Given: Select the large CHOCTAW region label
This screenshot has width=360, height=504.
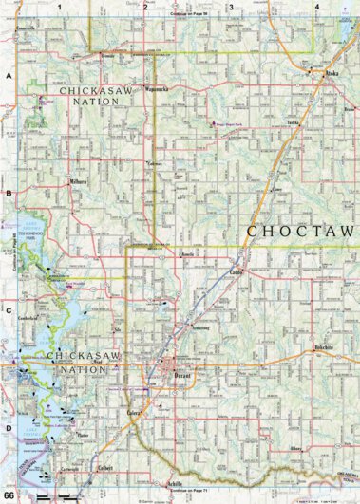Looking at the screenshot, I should [299, 231].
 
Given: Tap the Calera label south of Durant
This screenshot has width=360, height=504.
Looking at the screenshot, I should [133, 415].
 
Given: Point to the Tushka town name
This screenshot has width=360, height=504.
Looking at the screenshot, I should [292, 123].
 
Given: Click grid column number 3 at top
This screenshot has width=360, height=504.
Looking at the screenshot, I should [230, 7].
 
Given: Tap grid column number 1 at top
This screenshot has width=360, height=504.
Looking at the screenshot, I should [59, 7].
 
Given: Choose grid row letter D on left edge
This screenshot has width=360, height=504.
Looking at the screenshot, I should [9, 428].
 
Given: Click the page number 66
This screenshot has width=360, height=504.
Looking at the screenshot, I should [9, 495].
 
